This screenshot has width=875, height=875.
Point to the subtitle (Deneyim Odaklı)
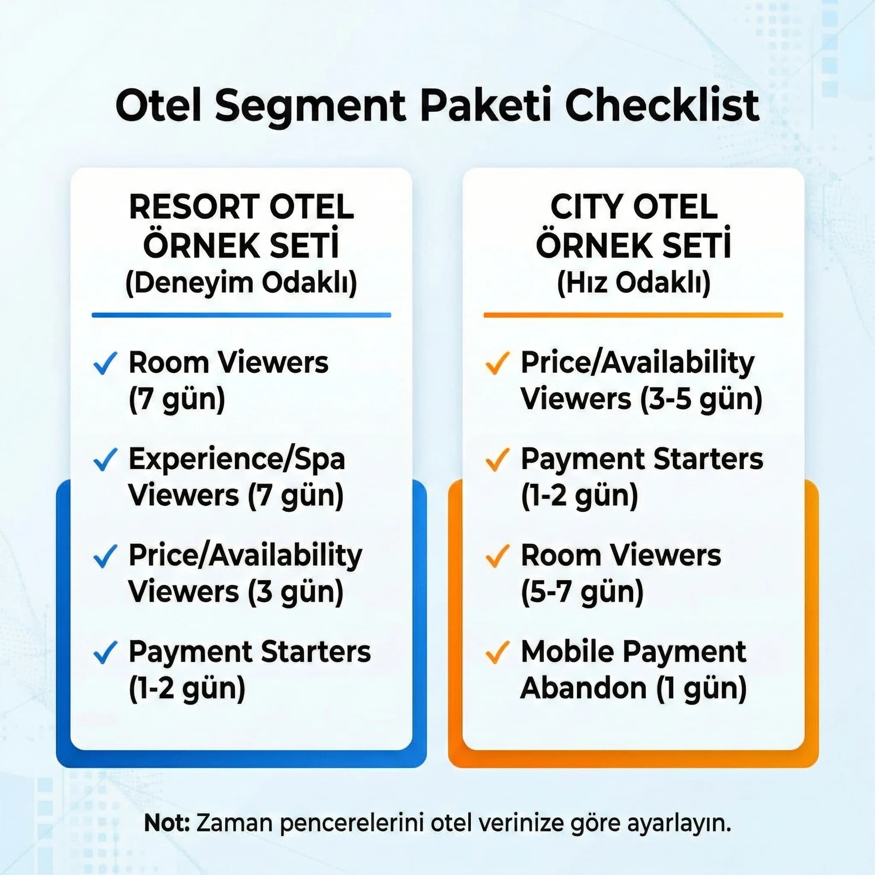point(241,283)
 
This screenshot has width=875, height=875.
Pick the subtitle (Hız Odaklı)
point(633,283)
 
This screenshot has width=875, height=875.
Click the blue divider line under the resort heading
point(241,315)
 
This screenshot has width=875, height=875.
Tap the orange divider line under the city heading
point(633,315)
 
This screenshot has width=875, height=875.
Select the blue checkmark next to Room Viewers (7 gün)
point(105,363)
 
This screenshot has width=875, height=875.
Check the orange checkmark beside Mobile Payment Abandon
point(497,652)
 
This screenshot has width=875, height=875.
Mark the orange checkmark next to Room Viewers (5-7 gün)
point(497,556)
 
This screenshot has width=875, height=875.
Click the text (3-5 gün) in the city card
point(701,399)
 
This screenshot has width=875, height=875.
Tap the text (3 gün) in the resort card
point(295,592)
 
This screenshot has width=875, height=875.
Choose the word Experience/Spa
point(236,459)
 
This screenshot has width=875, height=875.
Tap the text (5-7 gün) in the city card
point(582,592)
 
